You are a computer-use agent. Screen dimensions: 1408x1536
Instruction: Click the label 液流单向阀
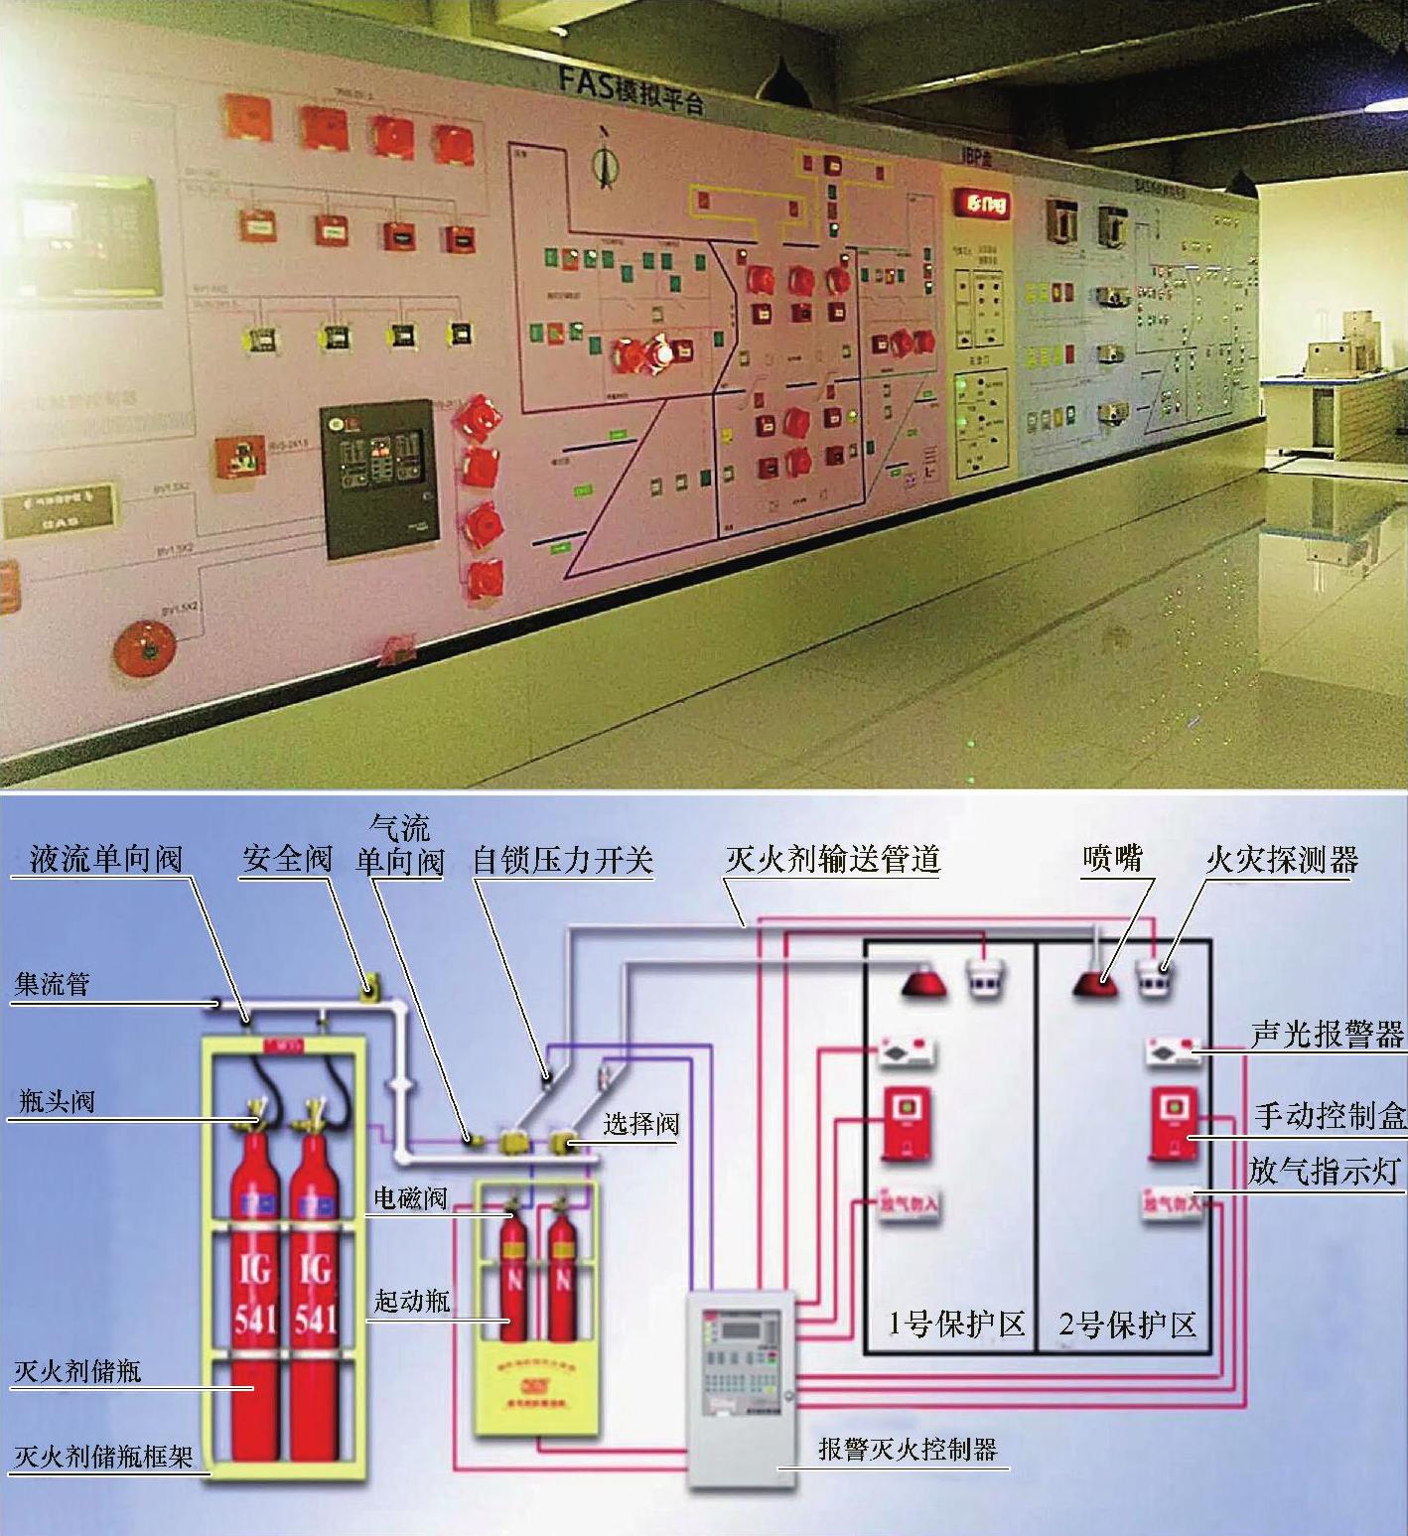pyautogui.click(x=106, y=859)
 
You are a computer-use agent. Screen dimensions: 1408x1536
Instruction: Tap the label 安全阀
pyautogui.click(x=287, y=858)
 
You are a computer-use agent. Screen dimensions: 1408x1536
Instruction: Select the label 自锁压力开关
pyautogui.click(x=562, y=860)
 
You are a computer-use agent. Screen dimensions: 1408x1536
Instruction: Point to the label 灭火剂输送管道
pyautogui.click(x=832, y=859)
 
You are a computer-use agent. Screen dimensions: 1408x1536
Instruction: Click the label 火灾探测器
pyautogui.click(x=1282, y=860)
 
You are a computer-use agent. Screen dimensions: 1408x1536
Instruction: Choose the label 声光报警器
pyautogui.click(x=1328, y=1035)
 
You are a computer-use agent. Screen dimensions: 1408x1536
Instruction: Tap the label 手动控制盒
pyautogui.click(x=1330, y=1116)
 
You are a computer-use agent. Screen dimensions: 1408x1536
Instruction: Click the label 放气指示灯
pyautogui.click(x=1325, y=1171)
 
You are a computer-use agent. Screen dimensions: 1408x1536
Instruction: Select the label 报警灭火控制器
pyautogui.click(x=908, y=1449)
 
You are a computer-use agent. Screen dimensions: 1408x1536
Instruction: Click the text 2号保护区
pyautogui.click(x=1127, y=1324)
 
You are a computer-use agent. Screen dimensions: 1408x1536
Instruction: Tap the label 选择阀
pyautogui.click(x=640, y=1124)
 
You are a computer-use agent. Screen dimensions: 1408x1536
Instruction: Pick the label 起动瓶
pyautogui.click(x=411, y=1300)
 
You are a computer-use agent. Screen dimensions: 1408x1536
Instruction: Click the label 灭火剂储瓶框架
pyautogui.click(x=103, y=1457)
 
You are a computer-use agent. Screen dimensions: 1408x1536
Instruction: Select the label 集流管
pyautogui.click(x=52, y=984)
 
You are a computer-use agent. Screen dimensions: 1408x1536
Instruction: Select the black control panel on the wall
pyautogui.click(x=378, y=479)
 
